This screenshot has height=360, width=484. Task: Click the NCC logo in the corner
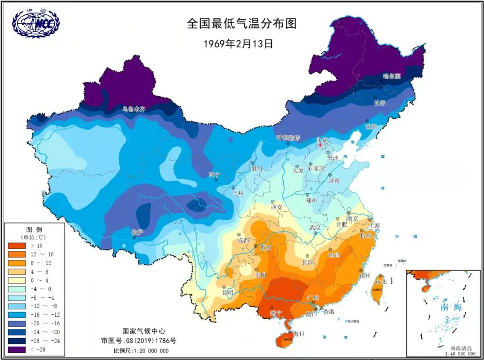pos(36,23)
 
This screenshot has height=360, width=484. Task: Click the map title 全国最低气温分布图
pos(242,24)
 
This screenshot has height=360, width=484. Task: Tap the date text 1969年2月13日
pos(238,43)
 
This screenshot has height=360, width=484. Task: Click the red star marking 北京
pos(320,146)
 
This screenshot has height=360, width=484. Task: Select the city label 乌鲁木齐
pos(134,109)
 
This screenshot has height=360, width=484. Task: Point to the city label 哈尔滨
pos(391,77)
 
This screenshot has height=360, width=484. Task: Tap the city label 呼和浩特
pos(288,137)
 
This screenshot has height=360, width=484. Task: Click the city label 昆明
pos(228,293)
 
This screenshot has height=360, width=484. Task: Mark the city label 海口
pos(298,334)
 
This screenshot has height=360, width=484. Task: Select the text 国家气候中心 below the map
pos(140,331)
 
